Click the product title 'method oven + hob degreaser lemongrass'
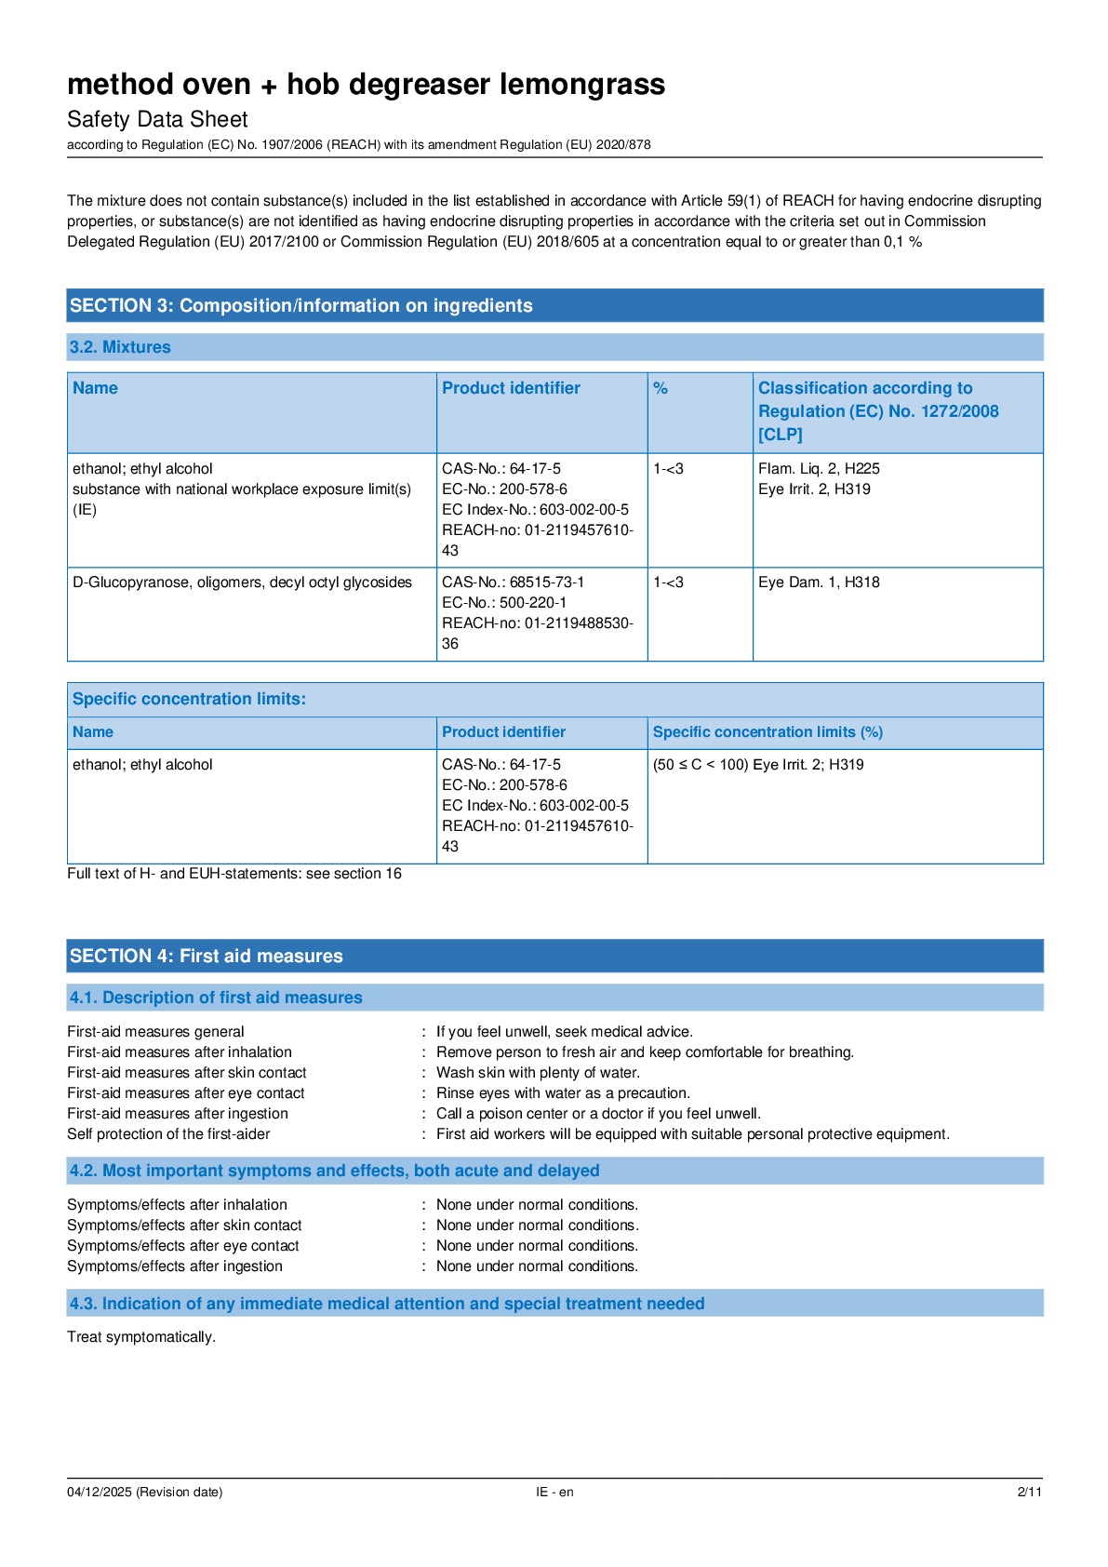point(366,85)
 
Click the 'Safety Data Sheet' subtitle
point(157,119)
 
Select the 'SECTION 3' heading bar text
point(300,306)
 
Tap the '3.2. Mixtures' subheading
point(120,347)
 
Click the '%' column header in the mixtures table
point(661,389)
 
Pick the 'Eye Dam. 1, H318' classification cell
point(819,583)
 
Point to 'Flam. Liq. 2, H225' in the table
point(819,469)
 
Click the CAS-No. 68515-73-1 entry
point(513,583)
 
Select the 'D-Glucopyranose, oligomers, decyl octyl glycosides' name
point(242,583)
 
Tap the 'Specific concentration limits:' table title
point(189,699)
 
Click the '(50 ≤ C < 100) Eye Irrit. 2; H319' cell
point(758,765)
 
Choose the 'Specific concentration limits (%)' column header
point(768,732)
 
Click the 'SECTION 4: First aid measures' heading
point(206,957)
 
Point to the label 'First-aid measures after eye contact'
point(186,1093)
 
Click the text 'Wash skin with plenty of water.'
point(538,1073)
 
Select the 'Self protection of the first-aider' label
point(168,1134)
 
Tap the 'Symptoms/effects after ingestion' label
point(175,1266)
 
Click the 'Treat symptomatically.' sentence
point(141,1337)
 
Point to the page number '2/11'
point(1029,1493)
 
